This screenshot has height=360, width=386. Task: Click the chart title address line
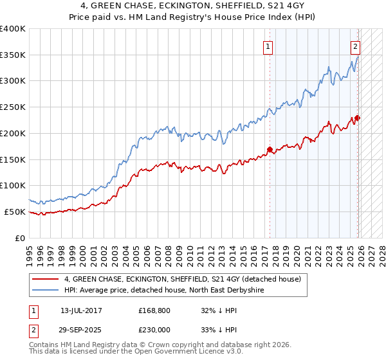[192, 6]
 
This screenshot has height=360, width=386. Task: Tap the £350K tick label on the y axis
[13, 55]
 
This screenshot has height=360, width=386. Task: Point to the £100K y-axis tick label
[13, 186]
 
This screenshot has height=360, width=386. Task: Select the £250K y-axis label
[13, 107]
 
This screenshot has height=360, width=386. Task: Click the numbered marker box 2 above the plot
[355, 46]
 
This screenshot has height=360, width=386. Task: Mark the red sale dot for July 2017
[270, 150]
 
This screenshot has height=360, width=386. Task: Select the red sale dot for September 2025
[358, 118]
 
